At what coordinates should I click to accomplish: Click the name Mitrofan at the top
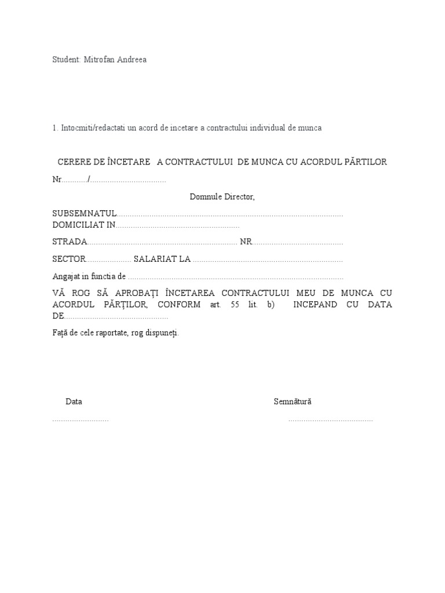(x=100, y=60)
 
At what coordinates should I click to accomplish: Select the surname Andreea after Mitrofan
(x=132, y=60)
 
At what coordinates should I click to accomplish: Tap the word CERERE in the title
(x=75, y=162)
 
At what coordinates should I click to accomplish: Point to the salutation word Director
(x=240, y=197)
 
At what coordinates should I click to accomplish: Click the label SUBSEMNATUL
(x=85, y=214)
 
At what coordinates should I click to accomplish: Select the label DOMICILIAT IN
(x=84, y=225)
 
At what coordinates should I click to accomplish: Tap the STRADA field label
(x=70, y=241)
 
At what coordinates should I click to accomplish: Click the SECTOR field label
(x=69, y=259)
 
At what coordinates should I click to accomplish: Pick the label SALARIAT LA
(x=162, y=259)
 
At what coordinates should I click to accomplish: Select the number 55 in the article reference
(x=235, y=305)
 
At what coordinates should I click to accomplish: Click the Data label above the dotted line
(x=74, y=401)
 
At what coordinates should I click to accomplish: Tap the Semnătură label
(x=293, y=401)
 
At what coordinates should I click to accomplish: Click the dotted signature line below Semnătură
(x=330, y=419)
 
